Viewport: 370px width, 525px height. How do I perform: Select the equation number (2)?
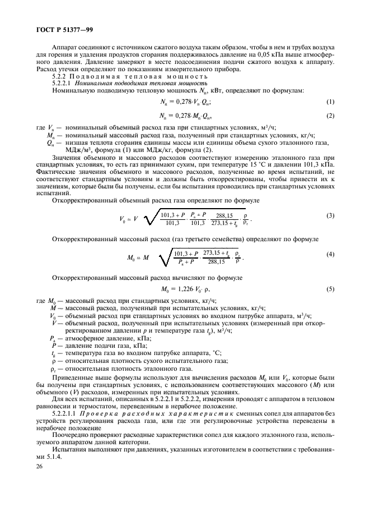coord(330,116)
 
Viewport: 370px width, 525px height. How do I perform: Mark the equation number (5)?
coord(330,289)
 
